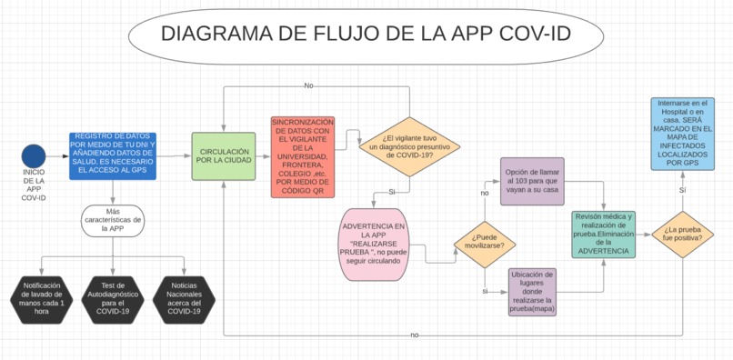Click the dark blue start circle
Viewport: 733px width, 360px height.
pyautogui.click(x=34, y=155)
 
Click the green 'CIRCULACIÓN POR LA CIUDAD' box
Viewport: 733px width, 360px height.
pyautogui.click(x=224, y=155)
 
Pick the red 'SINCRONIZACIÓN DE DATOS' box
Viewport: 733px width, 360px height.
pyautogui.click(x=302, y=156)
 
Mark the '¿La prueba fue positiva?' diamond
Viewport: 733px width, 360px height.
pyautogui.click(x=682, y=235)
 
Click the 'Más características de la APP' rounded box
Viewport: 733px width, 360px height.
pyautogui.click(x=113, y=220)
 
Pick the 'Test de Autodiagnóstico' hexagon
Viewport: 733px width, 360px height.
pyautogui.click(x=113, y=297)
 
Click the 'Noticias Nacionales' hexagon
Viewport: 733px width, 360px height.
pyautogui.click(x=184, y=297)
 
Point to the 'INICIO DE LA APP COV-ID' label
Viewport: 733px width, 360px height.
pyautogui.click(x=34, y=185)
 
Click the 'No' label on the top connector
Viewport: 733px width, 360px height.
pyautogui.click(x=308, y=85)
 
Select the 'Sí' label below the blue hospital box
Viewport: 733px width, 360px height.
pyautogui.click(x=682, y=190)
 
